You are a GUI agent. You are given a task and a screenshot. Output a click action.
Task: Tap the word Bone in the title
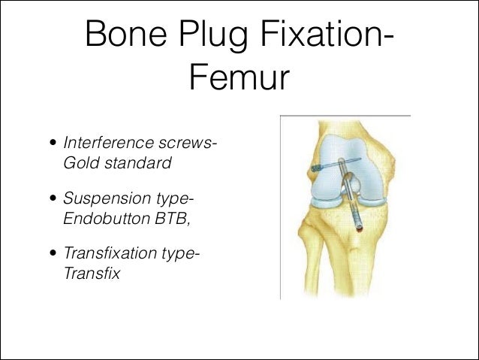pyautogui.click(x=119, y=35)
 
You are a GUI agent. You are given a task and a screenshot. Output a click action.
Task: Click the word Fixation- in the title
pyautogui.click(x=331, y=35)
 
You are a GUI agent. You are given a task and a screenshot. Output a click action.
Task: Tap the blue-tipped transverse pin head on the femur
pyautogui.click(x=316, y=167)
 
